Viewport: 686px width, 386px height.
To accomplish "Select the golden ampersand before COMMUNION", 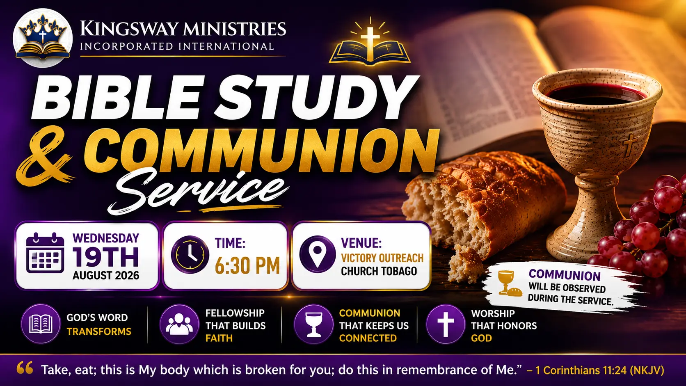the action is click(x=45, y=155).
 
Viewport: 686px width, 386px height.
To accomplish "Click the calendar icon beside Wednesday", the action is click(x=45, y=253).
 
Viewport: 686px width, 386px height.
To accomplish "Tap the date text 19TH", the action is click(x=106, y=258).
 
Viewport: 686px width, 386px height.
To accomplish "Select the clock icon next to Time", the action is click(x=190, y=255).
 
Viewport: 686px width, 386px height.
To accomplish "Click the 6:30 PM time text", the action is click(x=247, y=265).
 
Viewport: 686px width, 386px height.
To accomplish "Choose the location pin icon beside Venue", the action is click(x=318, y=254).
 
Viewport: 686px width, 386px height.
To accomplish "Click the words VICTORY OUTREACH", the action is click(x=382, y=258).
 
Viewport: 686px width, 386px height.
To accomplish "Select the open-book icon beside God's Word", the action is click(x=41, y=324).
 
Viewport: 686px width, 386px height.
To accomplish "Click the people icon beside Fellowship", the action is click(x=179, y=324).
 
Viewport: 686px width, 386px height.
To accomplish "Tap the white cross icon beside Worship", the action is click(x=446, y=324).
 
